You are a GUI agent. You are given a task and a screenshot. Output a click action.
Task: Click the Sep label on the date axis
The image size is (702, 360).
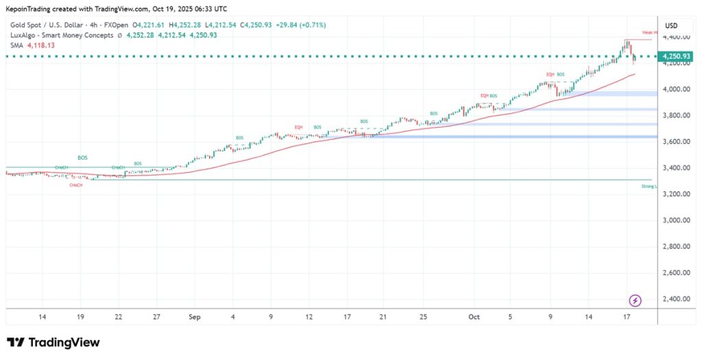[x=194, y=317]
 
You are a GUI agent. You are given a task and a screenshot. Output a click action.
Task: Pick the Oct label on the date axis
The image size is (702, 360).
[x=473, y=317]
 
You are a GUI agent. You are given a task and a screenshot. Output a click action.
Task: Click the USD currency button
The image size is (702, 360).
[x=671, y=26]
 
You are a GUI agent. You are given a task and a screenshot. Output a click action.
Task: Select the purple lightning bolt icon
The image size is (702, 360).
[x=636, y=300]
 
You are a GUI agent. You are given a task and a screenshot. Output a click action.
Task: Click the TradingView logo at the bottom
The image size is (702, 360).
[x=53, y=343]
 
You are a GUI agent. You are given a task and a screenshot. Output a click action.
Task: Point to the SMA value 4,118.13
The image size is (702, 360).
[x=40, y=46]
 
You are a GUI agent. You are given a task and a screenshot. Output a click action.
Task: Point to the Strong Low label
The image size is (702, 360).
[x=649, y=186]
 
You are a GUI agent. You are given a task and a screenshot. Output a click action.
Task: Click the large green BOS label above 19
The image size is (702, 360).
[x=82, y=158]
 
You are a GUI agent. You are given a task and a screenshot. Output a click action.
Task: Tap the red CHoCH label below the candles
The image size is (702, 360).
[x=77, y=185]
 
